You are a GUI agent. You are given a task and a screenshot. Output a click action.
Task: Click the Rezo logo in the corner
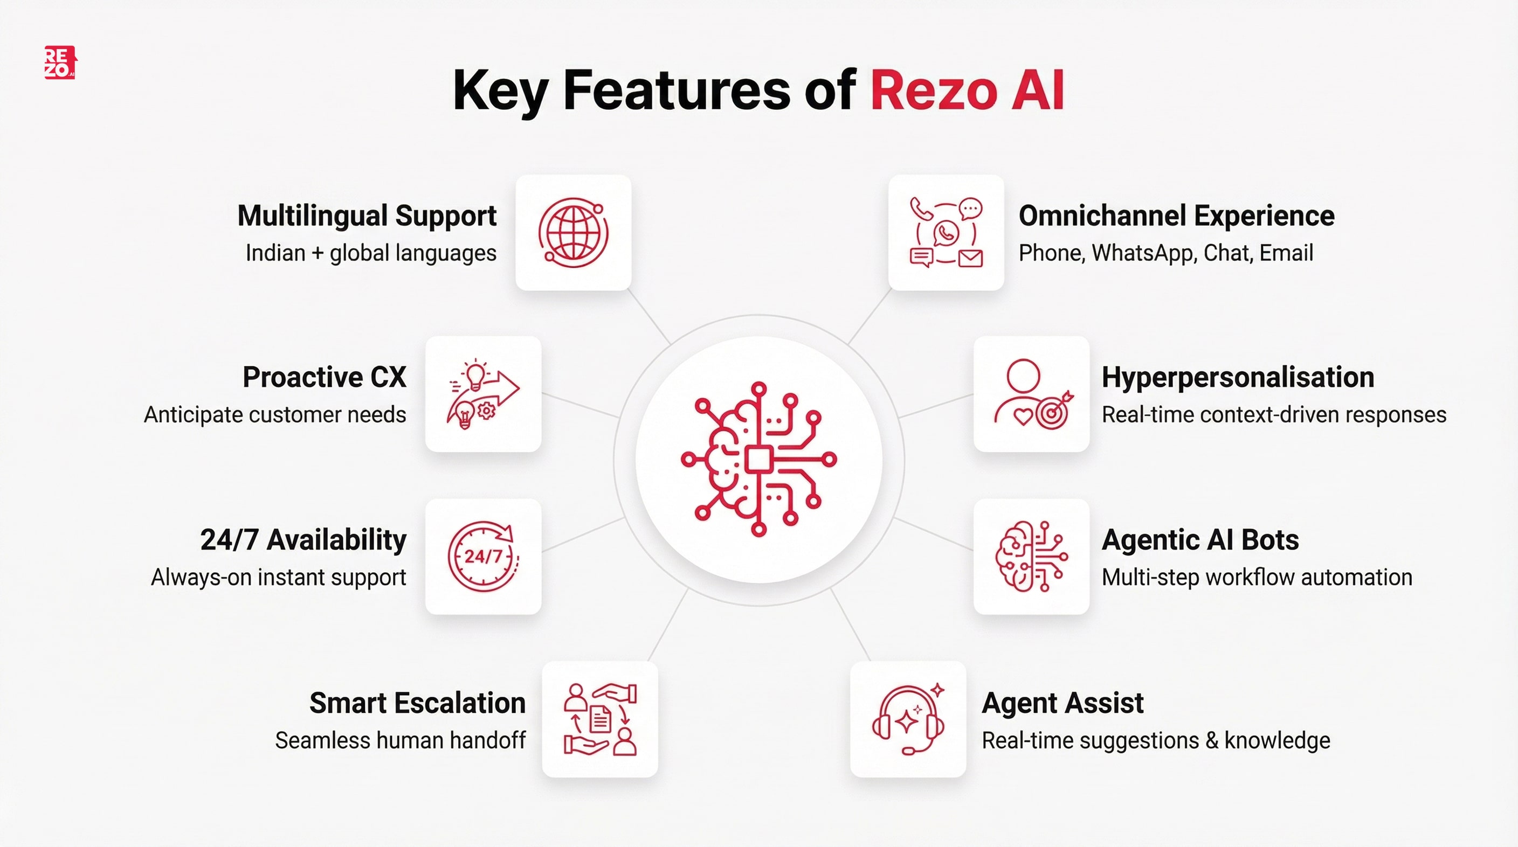[60, 63]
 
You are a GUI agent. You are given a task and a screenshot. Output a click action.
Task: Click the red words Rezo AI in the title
[967, 91]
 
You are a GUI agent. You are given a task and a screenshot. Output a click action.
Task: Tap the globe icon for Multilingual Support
[574, 233]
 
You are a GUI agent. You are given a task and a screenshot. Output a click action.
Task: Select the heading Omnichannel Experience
[1176, 216]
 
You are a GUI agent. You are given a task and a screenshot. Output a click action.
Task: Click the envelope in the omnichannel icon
[970, 258]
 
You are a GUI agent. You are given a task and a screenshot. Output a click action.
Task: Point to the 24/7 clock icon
[483, 556]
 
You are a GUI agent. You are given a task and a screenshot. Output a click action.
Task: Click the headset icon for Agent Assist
[908, 719]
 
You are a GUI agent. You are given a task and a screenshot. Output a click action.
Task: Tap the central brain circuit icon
[758, 460]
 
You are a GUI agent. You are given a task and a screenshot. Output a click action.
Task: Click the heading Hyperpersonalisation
[1238, 377]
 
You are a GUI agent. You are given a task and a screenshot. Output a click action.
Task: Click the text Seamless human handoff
[400, 740]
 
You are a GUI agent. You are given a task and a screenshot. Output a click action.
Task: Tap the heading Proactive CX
[324, 377]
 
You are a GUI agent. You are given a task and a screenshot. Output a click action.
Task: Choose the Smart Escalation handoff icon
[600, 719]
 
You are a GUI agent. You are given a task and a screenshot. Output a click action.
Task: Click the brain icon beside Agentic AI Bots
[1031, 556]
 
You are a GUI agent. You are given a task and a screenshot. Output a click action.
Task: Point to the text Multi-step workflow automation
[1257, 577]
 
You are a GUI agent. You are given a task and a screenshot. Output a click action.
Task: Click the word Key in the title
[501, 91]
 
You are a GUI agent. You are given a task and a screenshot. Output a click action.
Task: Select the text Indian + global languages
[371, 253]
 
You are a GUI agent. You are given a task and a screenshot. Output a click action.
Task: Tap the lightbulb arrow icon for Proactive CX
[483, 393]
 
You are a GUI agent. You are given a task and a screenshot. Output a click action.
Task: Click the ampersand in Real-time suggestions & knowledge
[1212, 740]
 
